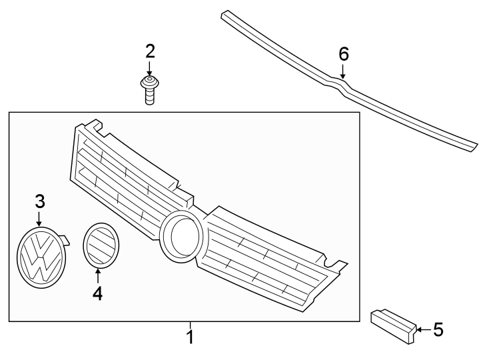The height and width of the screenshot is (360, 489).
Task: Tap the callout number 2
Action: (150, 51)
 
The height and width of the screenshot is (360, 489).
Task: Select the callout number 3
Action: (40, 201)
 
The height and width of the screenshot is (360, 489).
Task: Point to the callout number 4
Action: (98, 293)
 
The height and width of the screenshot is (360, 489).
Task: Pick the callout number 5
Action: (438, 330)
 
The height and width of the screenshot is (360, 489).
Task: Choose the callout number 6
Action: (343, 54)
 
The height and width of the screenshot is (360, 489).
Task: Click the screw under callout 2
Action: (150, 90)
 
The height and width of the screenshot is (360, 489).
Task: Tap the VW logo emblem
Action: (41, 257)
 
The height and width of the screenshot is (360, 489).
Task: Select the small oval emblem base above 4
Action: (101, 245)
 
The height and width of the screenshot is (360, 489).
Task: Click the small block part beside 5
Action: (393, 326)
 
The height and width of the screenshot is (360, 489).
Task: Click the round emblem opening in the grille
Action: (181, 235)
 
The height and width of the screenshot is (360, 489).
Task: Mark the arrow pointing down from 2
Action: (150, 69)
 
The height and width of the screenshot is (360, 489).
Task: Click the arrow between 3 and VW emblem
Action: (39, 219)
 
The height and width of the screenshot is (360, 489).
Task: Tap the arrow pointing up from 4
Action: (98, 276)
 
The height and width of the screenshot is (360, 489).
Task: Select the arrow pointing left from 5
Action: (424, 329)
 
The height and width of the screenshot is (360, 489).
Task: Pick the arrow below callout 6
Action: (343, 71)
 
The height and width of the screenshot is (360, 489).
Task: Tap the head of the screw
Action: (150, 82)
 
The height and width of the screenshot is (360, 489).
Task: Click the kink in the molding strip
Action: (340, 84)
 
